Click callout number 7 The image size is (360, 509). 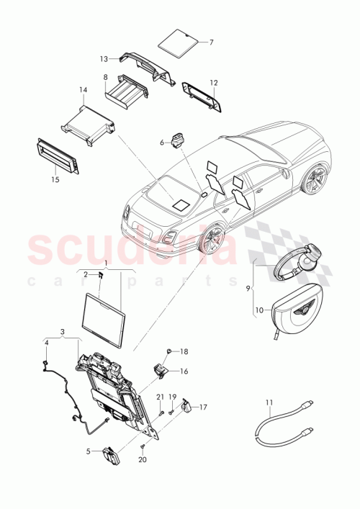tap(212, 42)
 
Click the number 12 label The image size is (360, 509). tap(212, 82)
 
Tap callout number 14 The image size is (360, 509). tap(84, 91)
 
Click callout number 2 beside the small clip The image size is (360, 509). tap(85, 274)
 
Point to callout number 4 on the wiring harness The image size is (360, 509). tap(47, 343)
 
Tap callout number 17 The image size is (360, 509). tap(203, 407)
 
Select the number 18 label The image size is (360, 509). tap(184, 351)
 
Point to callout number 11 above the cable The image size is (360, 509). tap(271, 402)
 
